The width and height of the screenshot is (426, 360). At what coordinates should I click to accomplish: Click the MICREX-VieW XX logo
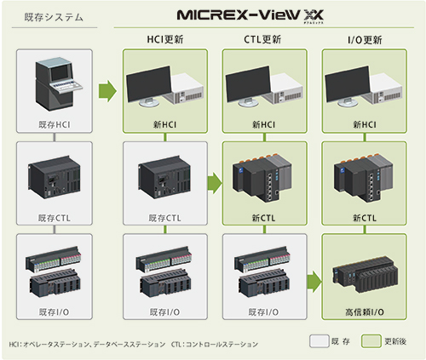(x=250, y=16)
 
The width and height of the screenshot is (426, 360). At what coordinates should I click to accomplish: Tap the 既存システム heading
(x=54, y=17)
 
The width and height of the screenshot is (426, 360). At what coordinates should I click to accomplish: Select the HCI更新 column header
(x=165, y=39)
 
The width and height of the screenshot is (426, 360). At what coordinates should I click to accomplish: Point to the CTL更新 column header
(x=262, y=39)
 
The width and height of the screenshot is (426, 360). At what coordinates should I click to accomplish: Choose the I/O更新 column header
(x=365, y=40)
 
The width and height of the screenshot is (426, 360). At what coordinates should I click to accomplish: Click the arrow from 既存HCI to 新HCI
(x=107, y=91)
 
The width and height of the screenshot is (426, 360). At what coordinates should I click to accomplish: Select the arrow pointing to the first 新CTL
(x=215, y=183)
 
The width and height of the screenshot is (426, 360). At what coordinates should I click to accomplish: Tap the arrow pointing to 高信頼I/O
(x=314, y=282)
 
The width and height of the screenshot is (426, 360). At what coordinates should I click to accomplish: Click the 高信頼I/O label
(x=365, y=312)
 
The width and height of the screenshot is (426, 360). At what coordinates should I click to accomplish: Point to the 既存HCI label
(x=55, y=124)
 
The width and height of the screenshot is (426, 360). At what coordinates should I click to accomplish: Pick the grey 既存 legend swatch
(x=319, y=340)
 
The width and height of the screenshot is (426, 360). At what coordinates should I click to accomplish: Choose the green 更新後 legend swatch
(x=371, y=340)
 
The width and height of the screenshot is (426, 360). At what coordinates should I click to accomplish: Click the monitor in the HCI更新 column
(x=149, y=86)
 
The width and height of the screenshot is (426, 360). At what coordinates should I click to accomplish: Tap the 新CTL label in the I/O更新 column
(x=365, y=218)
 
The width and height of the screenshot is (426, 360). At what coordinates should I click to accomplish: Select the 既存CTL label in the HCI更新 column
(x=165, y=218)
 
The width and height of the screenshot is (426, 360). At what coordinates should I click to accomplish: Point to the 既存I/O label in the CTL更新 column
(x=263, y=312)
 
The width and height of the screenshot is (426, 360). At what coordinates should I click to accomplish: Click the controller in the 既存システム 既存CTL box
(x=55, y=177)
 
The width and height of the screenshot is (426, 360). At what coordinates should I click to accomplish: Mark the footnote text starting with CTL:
(x=215, y=345)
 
